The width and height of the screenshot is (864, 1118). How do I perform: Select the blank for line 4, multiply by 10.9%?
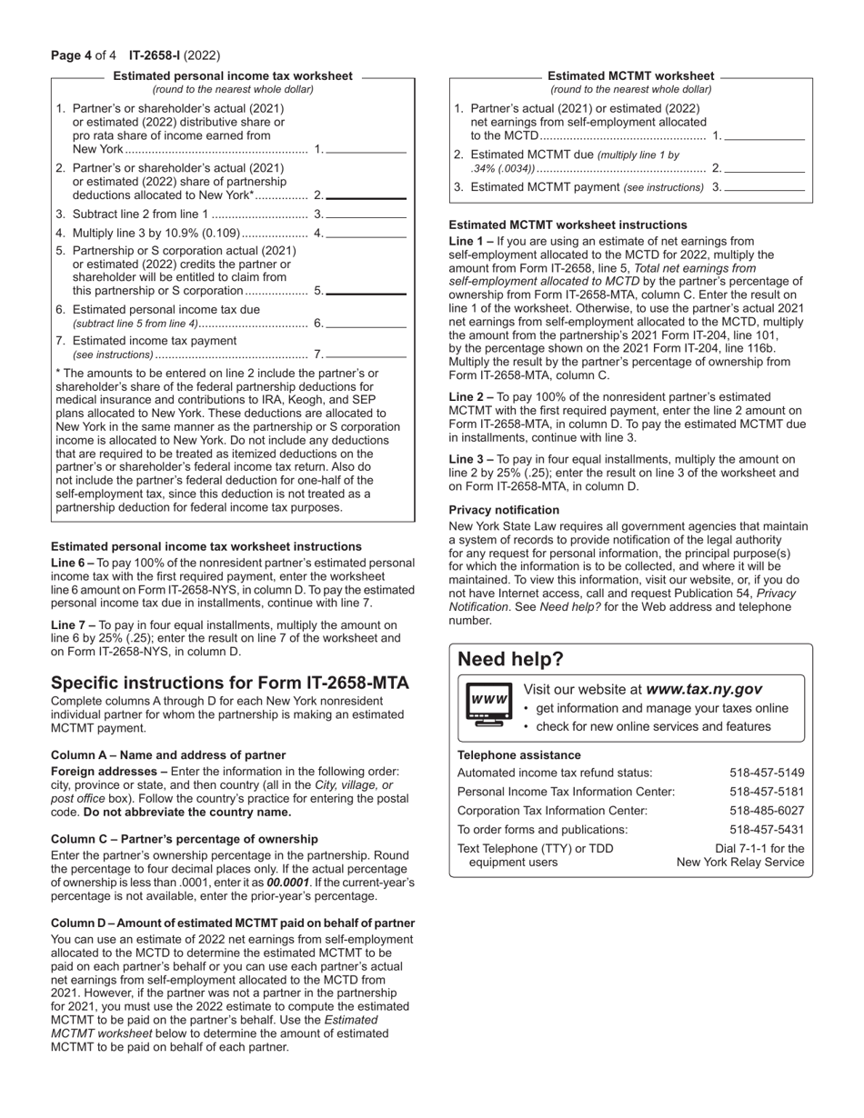point(366,235)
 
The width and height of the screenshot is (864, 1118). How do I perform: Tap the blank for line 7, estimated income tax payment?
point(366,355)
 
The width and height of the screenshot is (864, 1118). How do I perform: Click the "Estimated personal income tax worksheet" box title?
point(232,76)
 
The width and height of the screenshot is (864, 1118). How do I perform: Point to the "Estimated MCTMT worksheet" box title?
point(630,76)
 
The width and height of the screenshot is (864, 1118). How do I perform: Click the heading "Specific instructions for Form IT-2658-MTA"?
point(230,683)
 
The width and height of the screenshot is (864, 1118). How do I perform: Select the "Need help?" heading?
point(510,659)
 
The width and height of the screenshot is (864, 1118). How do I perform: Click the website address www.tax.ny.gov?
point(703,690)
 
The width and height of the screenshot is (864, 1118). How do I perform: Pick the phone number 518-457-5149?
point(767,773)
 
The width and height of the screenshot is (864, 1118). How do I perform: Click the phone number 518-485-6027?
point(767,810)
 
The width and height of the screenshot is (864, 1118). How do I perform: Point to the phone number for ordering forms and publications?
point(767,829)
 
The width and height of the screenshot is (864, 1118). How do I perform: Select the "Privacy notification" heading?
point(504,510)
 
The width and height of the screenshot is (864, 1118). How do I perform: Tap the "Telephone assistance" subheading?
point(518,754)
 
